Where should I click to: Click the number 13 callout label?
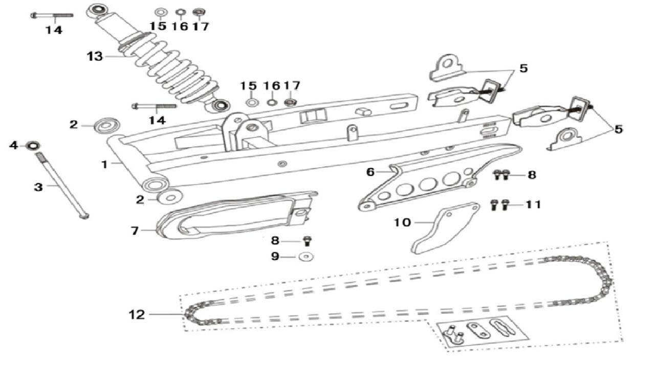95,56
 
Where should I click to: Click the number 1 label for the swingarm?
104,165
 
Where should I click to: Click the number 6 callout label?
370,172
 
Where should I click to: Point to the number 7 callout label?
135,231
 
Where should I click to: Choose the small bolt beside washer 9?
308,240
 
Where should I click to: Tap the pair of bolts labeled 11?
500,205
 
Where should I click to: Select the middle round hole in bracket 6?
427,184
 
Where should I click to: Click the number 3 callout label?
38,187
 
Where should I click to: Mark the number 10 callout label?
402,222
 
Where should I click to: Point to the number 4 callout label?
14,146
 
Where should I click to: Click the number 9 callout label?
275,257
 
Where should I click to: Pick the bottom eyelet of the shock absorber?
221,106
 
